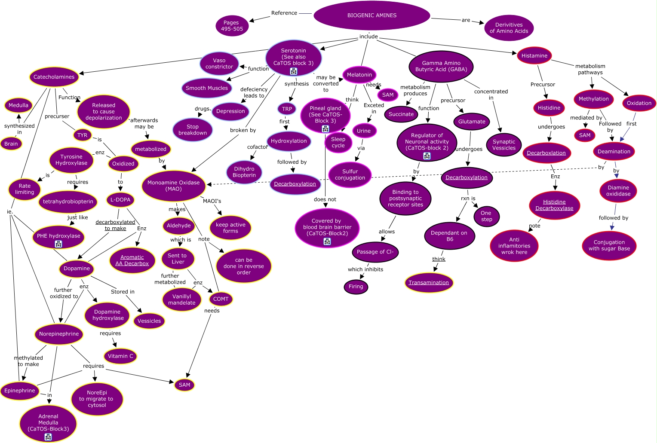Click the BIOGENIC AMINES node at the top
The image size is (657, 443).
[372, 15]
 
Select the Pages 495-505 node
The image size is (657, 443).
[232, 26]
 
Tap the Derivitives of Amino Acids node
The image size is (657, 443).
[509, 28]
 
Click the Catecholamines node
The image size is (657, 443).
[54, 77]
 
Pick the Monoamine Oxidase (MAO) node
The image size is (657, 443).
[173, 186]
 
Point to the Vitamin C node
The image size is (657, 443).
[120, 356]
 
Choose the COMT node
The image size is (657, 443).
[221, 299]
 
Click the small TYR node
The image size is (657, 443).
[82, 135]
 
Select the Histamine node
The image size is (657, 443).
[534, 56]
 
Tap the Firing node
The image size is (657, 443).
[356, 287]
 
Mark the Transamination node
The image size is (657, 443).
[429, 282]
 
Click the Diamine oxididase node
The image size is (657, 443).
[618, 191]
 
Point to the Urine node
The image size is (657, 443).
[363, 131]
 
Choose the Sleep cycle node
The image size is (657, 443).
[338, 142]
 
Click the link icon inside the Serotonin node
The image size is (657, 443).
[293, 71]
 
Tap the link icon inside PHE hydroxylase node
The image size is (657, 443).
[58, 244]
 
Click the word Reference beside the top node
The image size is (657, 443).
[284, 13]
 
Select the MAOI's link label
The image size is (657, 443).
[212, 201]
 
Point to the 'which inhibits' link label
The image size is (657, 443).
[365, 269]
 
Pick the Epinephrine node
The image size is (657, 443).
[20, 391]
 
